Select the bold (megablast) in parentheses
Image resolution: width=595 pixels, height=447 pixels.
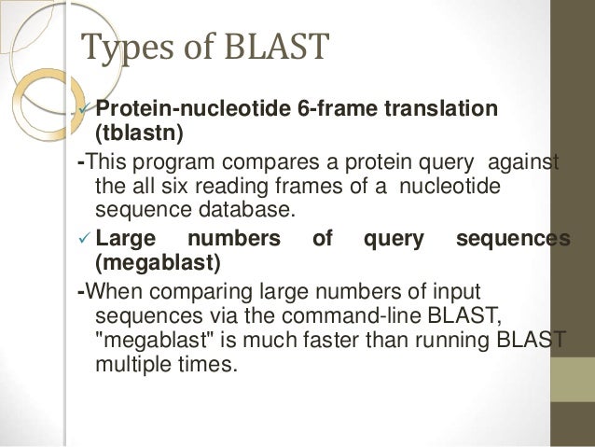[159, 263]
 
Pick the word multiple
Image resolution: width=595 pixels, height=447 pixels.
[130, 363]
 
